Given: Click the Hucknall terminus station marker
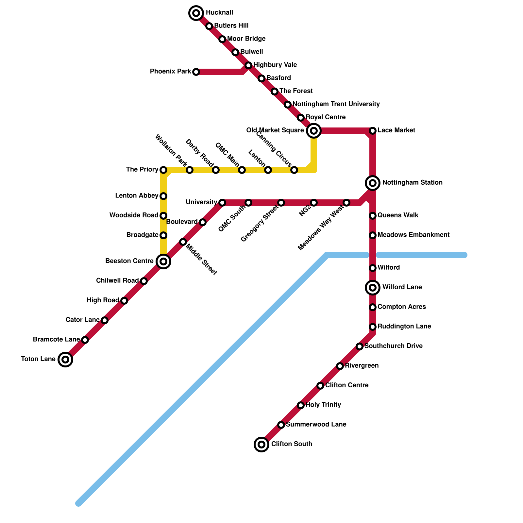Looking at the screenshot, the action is (196, 13).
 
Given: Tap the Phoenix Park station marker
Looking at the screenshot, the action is (196, 72).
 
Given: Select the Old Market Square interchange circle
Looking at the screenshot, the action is (314, 131).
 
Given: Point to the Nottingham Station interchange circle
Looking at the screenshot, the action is (373, 183).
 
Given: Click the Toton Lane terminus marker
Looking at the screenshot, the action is (65, 360).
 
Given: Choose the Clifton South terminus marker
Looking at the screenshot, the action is (261, 445).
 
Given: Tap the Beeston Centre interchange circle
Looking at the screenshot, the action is (163, 261).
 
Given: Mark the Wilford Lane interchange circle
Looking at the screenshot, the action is (373, 288).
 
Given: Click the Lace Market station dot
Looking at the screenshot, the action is (373, 131).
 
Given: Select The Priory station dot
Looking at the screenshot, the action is (163, 170).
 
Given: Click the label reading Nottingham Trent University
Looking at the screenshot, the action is (336, 104).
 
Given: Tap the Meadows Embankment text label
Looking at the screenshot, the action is (413, 235).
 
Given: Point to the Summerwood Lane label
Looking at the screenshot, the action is (316, 425).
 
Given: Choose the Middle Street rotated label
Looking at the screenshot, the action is (201, 260).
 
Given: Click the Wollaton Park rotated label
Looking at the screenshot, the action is (171, 150).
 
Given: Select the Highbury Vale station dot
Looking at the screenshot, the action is (248, 65).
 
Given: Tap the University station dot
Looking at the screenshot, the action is (222, 203).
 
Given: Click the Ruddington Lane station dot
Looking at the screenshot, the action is (373, 327).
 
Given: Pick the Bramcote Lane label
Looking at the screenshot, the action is (56, 340).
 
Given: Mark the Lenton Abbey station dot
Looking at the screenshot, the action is (163, 196).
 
